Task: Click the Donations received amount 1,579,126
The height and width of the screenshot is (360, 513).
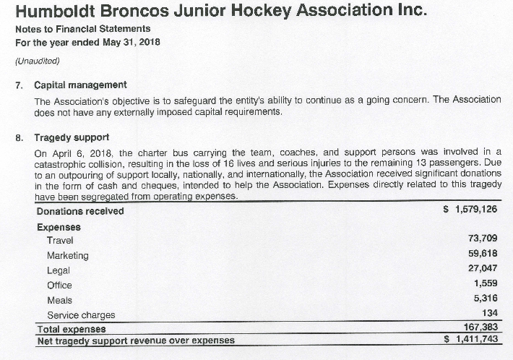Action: tap(474, 210)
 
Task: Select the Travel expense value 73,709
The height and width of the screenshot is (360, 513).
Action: tap(483, 239)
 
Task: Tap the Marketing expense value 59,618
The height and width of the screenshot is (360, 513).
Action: tap(483, 254)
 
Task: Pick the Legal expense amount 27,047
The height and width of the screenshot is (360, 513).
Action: tap(483, 270)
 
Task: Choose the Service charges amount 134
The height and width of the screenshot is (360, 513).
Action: tap(491, 314)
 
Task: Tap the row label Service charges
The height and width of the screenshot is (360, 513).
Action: tap(81, 315)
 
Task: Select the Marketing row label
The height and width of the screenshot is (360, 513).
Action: tap(67, 255)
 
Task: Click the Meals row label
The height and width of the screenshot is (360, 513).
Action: tap(59, 300)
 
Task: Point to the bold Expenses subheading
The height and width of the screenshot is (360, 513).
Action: tap(59, 226)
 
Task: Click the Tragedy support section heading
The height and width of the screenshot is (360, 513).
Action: tap(72, 137)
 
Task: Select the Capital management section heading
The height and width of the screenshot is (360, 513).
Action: tap(80, 85)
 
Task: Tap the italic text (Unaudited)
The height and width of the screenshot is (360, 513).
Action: tap(38, 60)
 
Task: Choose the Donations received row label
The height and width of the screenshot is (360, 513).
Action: tap(80, 211)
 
